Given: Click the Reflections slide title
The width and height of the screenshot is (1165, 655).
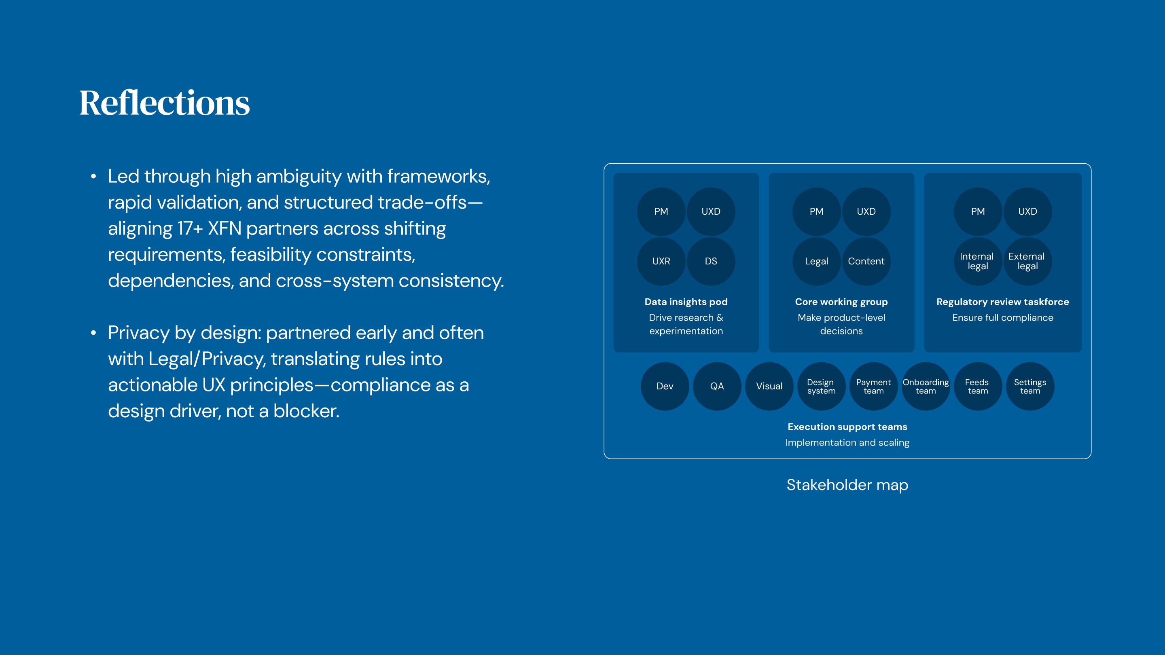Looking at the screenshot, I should (x=164, y=103).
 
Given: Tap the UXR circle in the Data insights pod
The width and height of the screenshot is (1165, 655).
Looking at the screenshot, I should (x=661, y=261).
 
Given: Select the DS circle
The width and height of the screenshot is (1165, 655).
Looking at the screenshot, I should (x=710, y=261).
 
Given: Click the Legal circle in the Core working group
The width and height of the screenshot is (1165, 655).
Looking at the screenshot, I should (x=816, y=261).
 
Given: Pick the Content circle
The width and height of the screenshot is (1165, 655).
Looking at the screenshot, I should (x=866, y=261).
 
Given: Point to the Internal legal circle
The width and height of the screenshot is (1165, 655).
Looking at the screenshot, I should (x=977, y=261).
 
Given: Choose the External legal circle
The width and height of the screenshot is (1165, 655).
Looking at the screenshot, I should (x=1027, y=261).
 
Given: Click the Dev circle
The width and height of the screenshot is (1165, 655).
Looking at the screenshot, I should (x=664, y=387).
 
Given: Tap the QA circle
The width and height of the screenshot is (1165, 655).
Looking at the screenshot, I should (x=717, y=387).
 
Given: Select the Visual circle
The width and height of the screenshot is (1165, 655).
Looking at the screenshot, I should (x=769, y=387).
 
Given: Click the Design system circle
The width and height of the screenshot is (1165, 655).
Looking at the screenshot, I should (x=821, y=387).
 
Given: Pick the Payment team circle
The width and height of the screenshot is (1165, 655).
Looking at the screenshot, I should (x=873, y=387).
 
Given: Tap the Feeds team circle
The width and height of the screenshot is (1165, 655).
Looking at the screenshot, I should (x=978, y=387).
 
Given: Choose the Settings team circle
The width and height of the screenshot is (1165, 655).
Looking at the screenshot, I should (x=1030, y=387).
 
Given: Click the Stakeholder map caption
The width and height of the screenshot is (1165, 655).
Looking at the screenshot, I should (x=847, y=485).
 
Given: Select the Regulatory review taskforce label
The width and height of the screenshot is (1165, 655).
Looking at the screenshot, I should (x=1003, y=302).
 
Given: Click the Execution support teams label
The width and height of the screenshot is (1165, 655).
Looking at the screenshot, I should (x=847, y=427).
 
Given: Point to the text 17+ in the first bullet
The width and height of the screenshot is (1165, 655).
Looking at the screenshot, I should (x=190, y=229).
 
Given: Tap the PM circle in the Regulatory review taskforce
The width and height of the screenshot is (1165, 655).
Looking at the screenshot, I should (x=977, y=211).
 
